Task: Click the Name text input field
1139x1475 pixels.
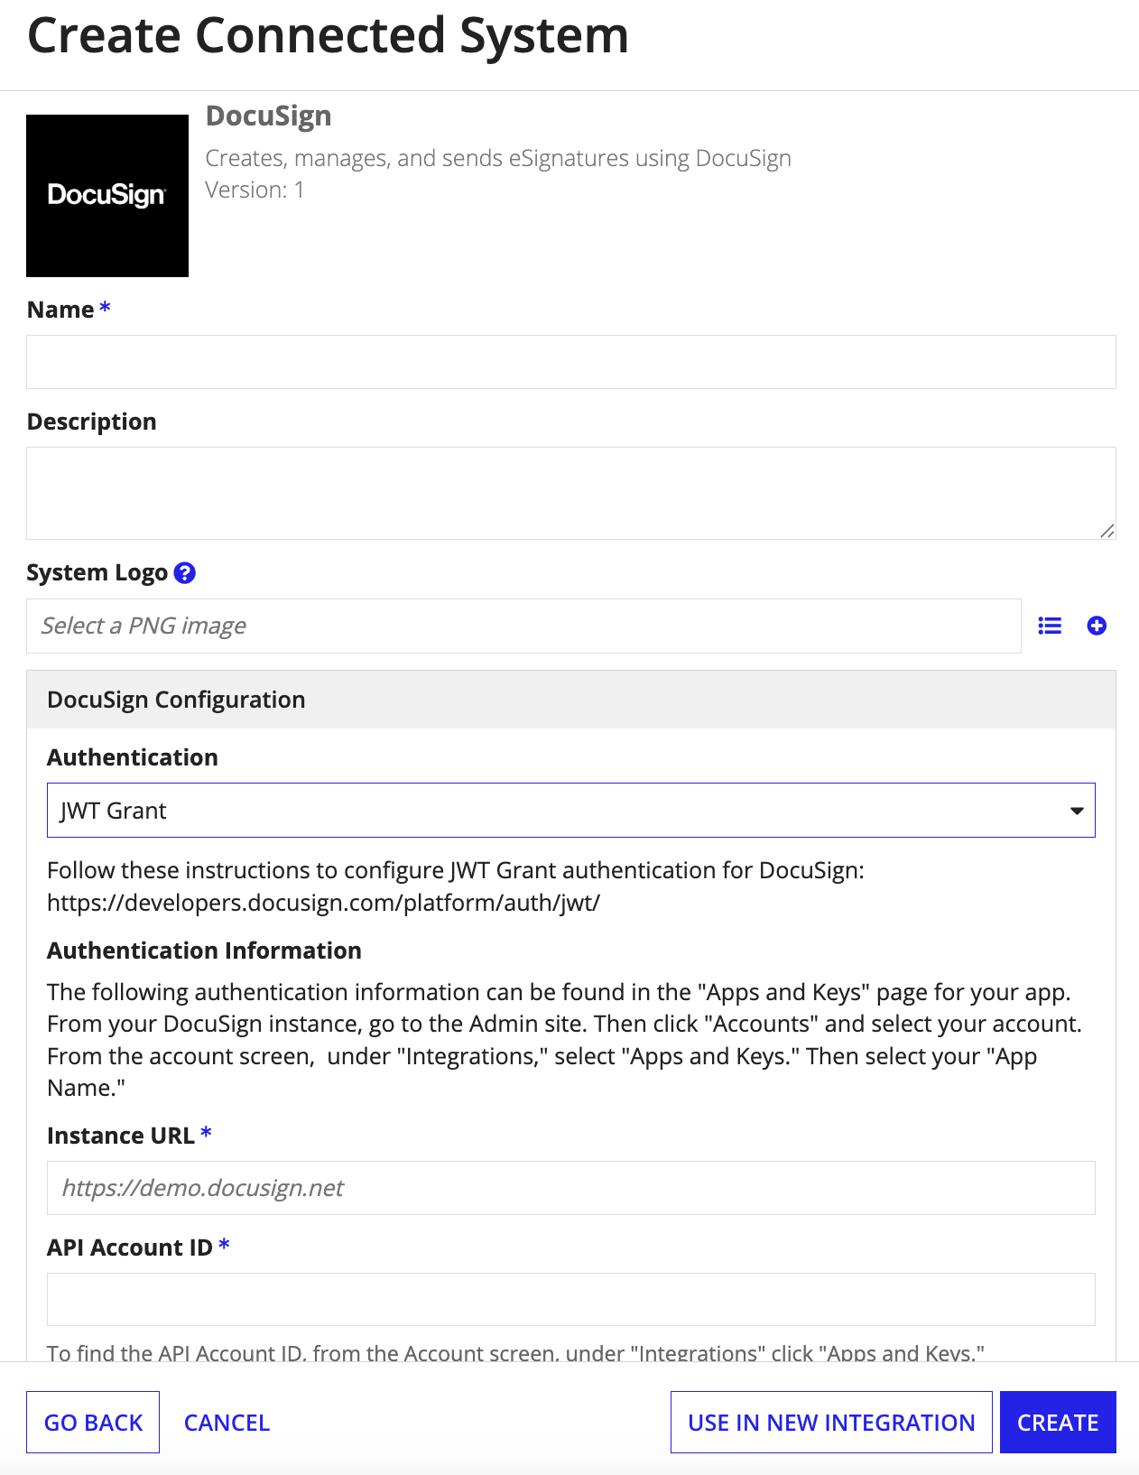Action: coord(570,362)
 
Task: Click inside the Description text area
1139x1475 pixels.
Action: coord(570,493)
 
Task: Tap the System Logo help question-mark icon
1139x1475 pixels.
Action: coord(185,573)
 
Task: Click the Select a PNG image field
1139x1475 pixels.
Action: coord(523,626)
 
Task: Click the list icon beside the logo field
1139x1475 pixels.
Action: coord(1050,626)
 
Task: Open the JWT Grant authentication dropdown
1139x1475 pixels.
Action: coord(570,811)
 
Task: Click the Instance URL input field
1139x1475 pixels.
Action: coord(570,1188)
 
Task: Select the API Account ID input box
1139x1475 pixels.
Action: coord(570,1299)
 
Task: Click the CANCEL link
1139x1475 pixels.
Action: coord(227,1423)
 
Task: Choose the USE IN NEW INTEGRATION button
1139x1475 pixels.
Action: coord(831,1423)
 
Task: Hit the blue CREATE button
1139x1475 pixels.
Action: coord(1058,1423)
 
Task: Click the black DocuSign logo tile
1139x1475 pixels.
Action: coord(107,196)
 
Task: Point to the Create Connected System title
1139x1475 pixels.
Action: coord(328,36)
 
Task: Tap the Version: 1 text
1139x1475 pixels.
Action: coord(255,190)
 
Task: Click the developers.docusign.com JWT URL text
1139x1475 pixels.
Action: coord(323,903)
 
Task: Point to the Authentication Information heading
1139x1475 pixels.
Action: coord(204,951)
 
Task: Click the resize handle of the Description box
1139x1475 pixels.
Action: coord(1107,532)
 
